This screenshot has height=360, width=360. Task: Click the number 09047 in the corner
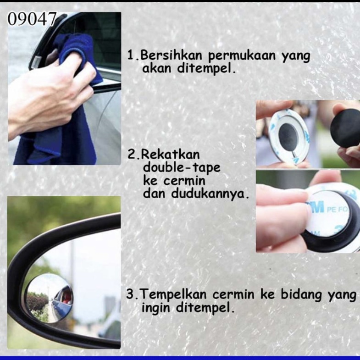pyautogui.click(x=32, y=19)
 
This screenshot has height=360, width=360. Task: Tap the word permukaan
pyautogui.click(x=242, y=56)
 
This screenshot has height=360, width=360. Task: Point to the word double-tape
pyautogui.click(x=182, y=167)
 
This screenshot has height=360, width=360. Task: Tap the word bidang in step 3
pyautogui.click(x=301, y=294)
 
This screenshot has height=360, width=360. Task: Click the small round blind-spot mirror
pyautogui.click(x=50, y=298)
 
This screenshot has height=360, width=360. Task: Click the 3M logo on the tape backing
pyautogui.click(x=315, y=207)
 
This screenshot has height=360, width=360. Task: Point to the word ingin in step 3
pyautogui.click(x=155, y=307)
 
